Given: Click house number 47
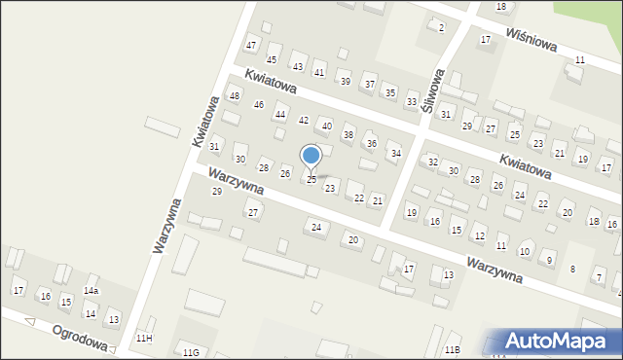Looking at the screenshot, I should (251, 47).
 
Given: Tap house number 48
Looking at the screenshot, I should (234, 95).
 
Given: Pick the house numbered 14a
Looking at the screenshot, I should (91, 291).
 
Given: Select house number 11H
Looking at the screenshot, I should (144, 338).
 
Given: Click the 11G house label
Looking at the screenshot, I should (191, 351).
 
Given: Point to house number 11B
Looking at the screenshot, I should (452, 349).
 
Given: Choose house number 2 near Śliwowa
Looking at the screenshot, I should (441, 27).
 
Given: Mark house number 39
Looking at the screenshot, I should (345, 81).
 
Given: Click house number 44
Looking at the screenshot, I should (280, 115).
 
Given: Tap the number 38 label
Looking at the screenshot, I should (348, 135).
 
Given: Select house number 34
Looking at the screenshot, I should (395, 154).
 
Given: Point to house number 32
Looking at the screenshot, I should (433, 162).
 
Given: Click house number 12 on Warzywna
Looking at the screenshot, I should (479, 236).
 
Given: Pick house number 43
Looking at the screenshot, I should (297, 66).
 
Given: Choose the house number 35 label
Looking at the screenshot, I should (390, 92).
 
